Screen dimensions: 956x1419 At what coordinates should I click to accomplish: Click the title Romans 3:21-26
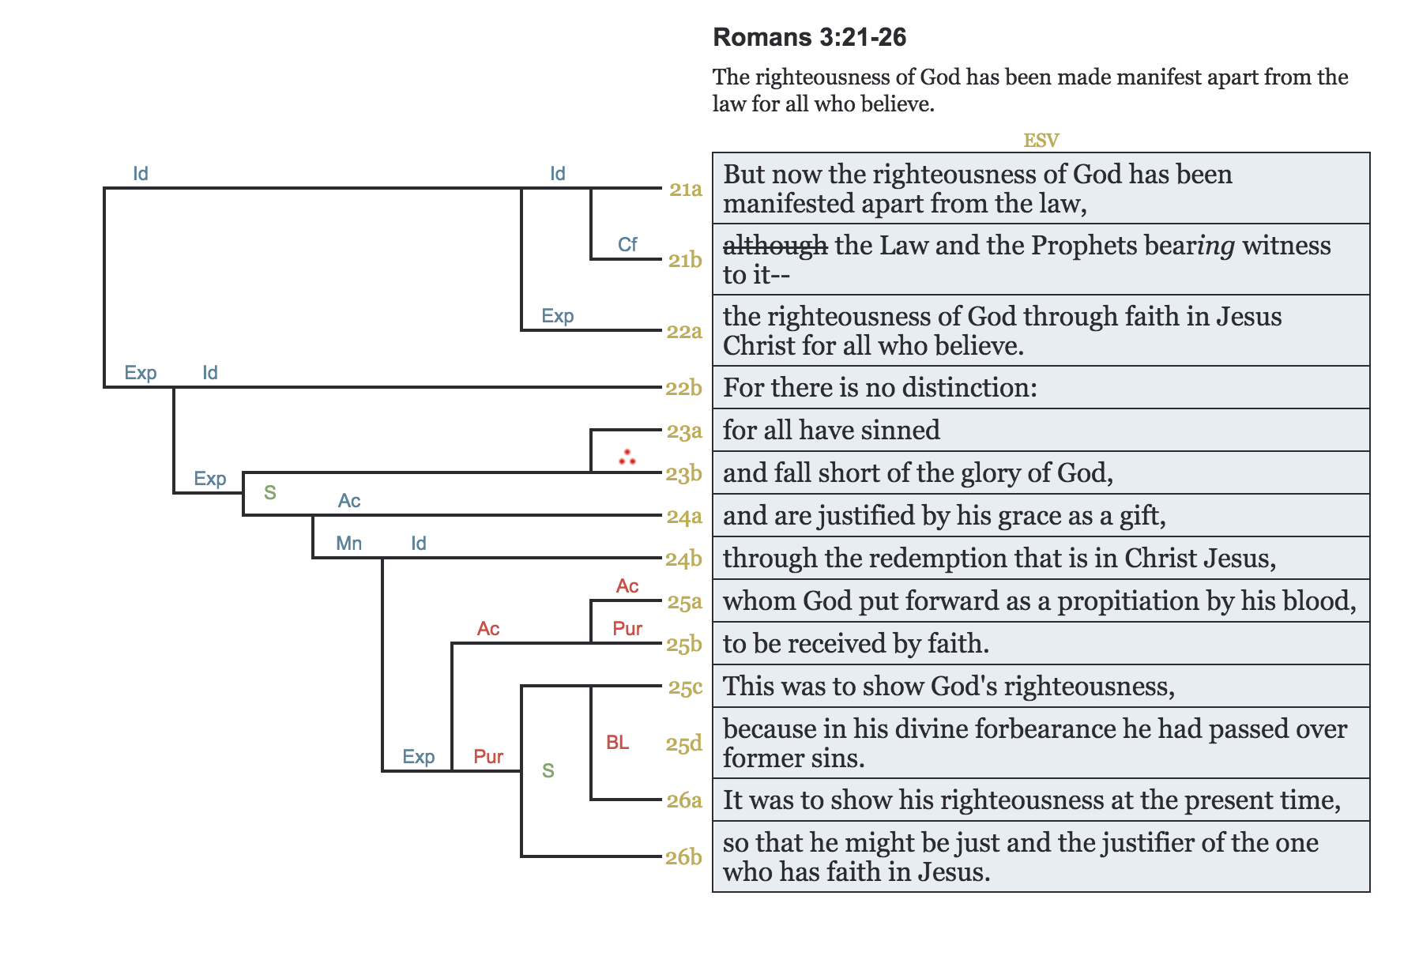[x=809, y=37]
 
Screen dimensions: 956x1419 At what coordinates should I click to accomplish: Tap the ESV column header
[x=1041, y=141]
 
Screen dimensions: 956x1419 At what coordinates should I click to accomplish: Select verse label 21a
[x=685, y=189]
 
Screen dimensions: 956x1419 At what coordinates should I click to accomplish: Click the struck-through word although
[x=775, y=246]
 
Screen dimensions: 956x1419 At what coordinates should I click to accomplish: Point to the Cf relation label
[x=627, y=245]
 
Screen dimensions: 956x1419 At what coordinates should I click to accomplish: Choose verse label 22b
[x=683, y=388]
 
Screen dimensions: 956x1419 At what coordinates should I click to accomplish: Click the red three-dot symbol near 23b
[x=627, y=457]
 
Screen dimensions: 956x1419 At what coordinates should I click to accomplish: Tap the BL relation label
[x=617, y=743]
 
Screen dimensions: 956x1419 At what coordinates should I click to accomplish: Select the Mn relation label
[x=348, y=544]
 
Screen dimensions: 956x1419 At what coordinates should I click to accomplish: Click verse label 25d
[x=683, y=743]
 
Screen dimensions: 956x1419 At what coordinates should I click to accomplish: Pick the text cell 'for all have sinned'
[x=1041, y=430]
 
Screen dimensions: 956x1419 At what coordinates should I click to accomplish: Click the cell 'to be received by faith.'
[x=1041, y=643]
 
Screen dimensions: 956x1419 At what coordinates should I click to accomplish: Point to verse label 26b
[x=683, y=857]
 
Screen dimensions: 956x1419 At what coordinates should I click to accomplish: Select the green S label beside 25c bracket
[x=548, y=771]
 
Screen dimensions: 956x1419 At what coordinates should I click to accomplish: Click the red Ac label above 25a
[x=627, y=586]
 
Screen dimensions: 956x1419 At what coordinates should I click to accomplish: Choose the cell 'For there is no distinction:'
[x=1041, y=387]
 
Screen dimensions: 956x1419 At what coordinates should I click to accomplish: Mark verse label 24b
[x=683, y=559]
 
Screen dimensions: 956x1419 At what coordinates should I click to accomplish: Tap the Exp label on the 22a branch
[x=557, y=316]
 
